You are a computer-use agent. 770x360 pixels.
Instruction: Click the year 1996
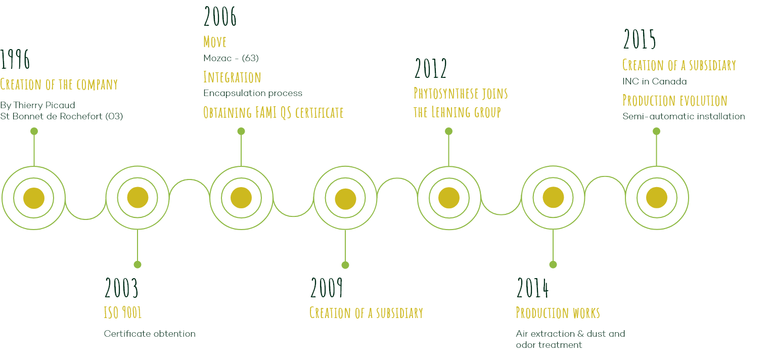click(15, 59)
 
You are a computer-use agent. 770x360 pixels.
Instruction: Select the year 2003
click(121, 288)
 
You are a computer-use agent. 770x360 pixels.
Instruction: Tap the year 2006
click(220, 16)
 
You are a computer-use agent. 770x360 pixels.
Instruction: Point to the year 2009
click(327, 288)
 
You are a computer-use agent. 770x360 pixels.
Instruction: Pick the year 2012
click(431, 68)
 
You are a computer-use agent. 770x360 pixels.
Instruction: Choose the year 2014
click(533, 288)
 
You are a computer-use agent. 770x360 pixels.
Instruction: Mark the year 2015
click(640, 39)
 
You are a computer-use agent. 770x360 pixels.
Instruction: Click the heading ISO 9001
click(123, 312)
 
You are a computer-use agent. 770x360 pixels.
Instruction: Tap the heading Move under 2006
click(215, 42)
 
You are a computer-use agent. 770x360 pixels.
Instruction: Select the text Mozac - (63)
click(231, 58)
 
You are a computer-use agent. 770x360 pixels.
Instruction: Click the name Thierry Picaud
click(44, 105)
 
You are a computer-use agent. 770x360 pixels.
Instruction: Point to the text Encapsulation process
click(253, 93)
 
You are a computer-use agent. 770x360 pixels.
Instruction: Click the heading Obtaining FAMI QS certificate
click(274, 112)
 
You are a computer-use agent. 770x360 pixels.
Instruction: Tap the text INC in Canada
click(655, 81)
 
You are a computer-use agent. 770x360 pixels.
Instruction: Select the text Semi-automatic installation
click(684, 117)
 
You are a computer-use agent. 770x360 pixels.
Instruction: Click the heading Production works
click(558, 312)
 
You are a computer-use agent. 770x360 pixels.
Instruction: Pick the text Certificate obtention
click(150, 334)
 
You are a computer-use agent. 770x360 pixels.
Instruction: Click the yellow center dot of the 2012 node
click(449, 198)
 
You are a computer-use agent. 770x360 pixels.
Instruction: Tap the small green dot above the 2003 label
click(138, 264)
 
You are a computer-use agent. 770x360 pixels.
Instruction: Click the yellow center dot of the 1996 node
click(34, 198)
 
